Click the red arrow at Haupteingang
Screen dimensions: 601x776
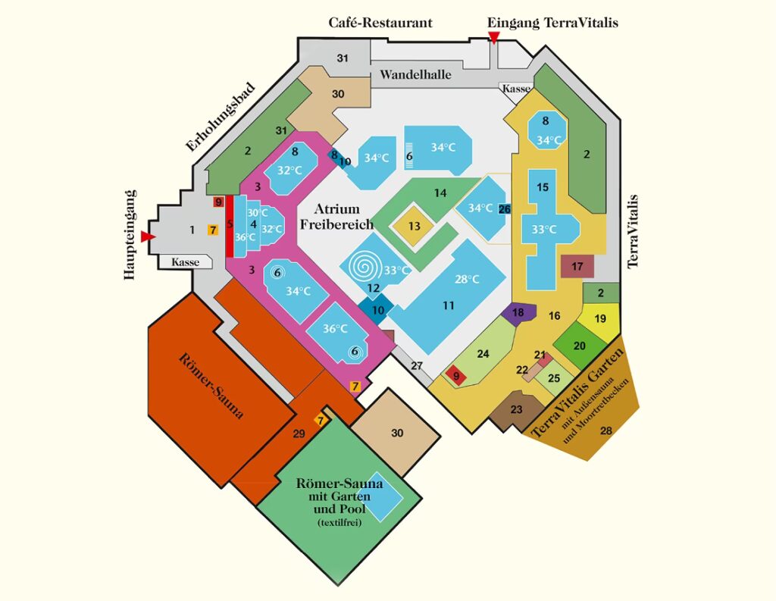click(149, 237)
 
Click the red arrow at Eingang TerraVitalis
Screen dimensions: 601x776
click(494, 37)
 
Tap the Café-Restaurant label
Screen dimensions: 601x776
click(380, 23)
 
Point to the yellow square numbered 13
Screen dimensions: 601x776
click(414, 227)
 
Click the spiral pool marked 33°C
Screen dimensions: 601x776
click(371, 265)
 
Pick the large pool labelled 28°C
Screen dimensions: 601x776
click(455, 296)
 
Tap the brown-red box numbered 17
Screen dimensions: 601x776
click(577, 267)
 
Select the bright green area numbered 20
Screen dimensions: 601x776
click(580, 345)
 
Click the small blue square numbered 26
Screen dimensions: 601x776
click(505, 208)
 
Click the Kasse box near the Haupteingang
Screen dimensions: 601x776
click(186, 262)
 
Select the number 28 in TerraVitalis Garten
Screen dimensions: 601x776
click(605, 431)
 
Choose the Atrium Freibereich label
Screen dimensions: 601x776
click(337, 216)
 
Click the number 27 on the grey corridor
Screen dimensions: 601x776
click(417, 365)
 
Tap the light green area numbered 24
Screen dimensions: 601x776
click(483, 354)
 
